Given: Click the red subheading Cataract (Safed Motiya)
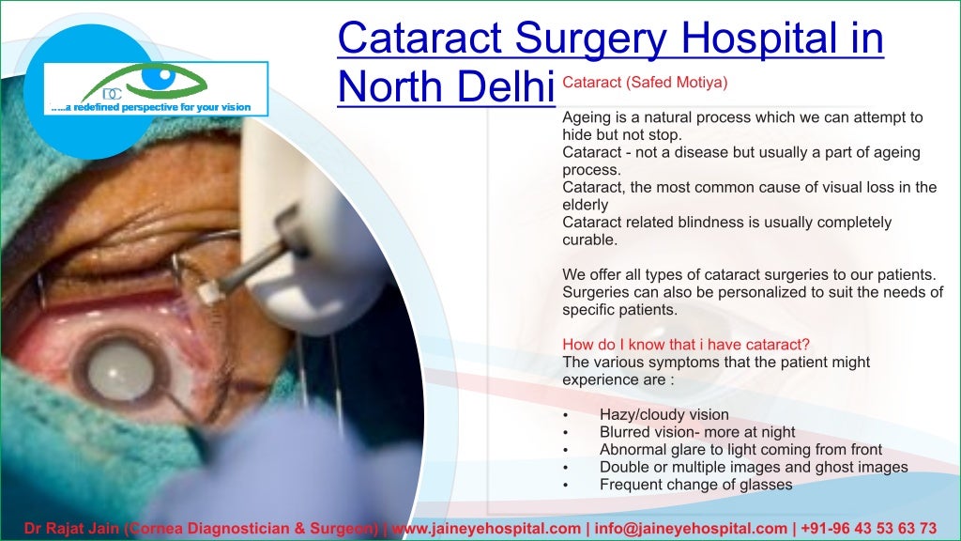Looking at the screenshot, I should (645, 83).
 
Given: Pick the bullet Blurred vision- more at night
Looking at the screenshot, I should (697, 432).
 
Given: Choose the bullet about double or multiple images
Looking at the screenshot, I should (754, 467).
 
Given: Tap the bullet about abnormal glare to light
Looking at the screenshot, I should (740, 450).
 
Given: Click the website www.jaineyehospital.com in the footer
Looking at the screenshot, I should (486, 528).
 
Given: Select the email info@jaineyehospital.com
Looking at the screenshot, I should (688, 528).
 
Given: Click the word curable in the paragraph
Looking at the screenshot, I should (589, 240).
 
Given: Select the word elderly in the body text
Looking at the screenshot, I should (585, 204).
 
